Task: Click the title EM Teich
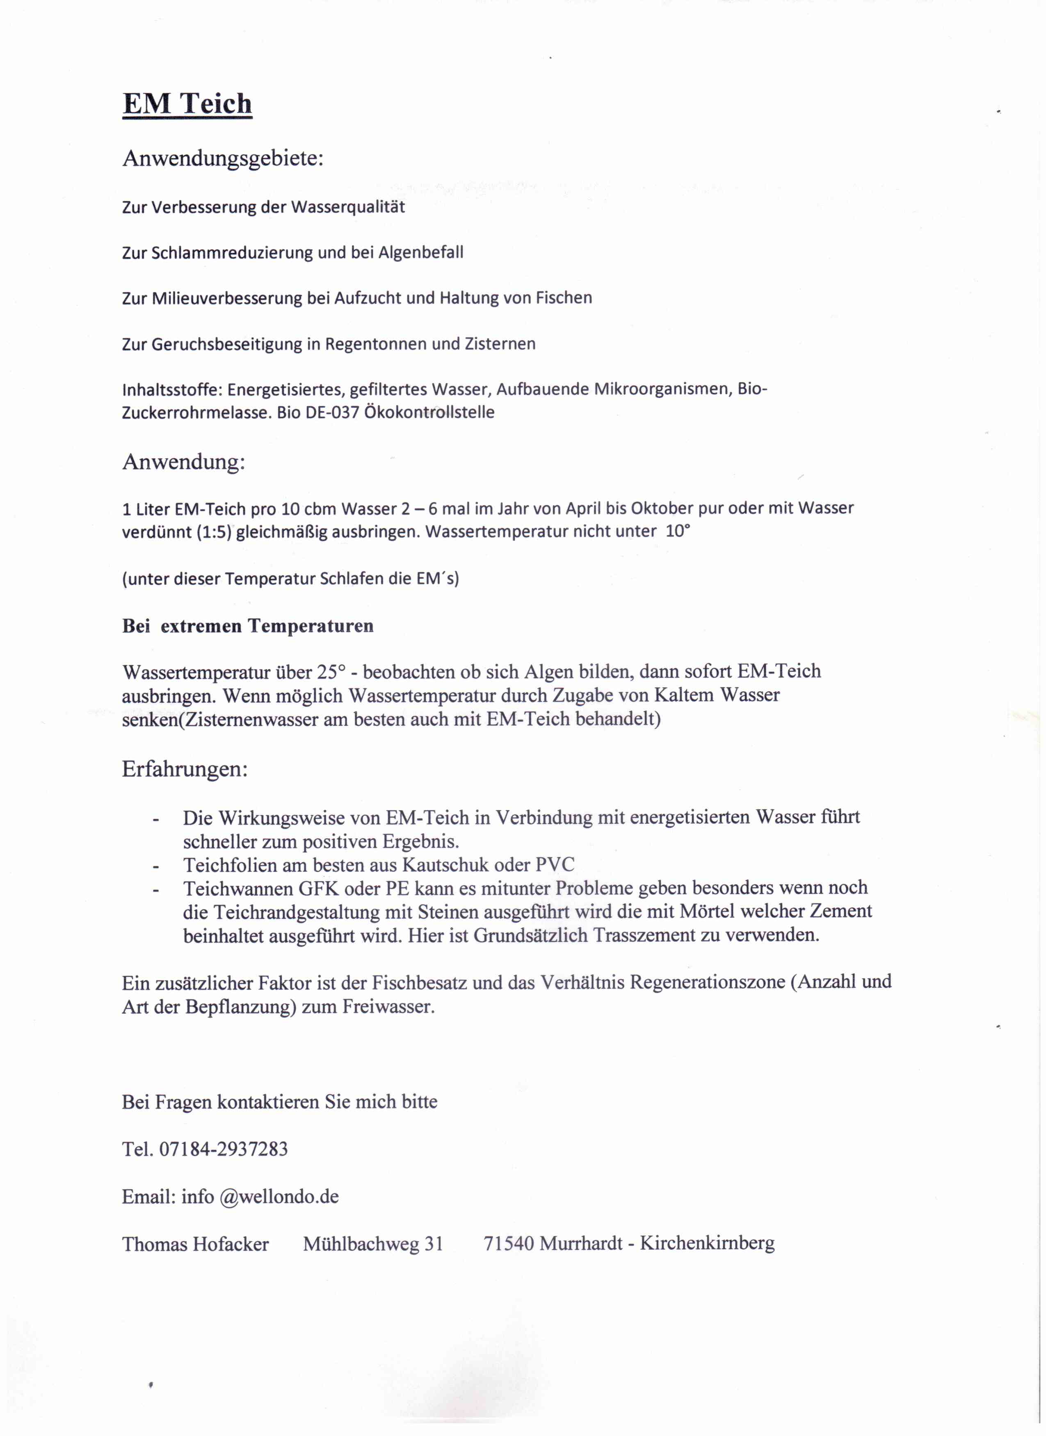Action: pos(187,103)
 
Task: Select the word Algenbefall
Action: pos(421,252)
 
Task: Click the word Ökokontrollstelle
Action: pos(429,412)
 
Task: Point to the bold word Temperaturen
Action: pos(311,626)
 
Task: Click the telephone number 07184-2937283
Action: pos(223,1149)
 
